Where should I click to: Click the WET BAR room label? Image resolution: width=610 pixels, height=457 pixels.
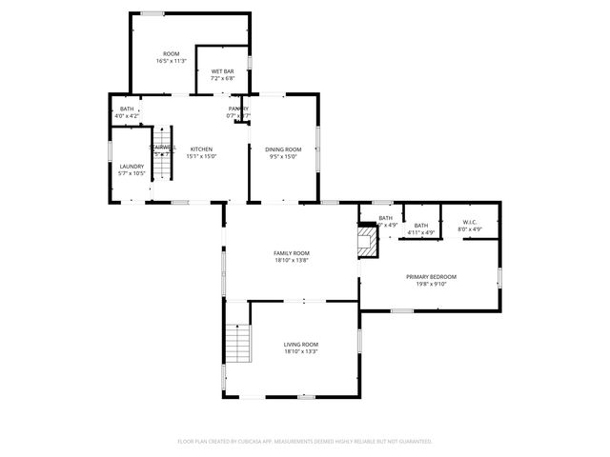tap(223, 71)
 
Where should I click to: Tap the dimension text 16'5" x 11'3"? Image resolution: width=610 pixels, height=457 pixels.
tap(171, 61)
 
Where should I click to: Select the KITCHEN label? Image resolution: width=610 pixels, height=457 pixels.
tap(201, 149)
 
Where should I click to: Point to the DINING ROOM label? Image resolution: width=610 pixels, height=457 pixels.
tap(283, 149)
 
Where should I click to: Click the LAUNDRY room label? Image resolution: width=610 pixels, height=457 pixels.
tap(132, 167)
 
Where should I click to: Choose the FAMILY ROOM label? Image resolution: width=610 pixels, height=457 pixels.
tap(292, 252)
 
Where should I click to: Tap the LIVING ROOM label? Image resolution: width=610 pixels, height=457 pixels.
tap(300, 344)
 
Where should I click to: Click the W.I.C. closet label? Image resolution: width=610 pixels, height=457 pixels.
tap(470, 222)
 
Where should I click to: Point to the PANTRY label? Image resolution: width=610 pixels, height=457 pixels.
tap(238, 109)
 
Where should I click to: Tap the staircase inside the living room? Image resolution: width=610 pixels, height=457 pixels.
tap(237, 344)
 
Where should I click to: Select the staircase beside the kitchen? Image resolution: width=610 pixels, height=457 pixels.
tap(165, 157)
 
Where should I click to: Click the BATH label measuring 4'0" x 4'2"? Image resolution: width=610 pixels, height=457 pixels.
tap(127, 109)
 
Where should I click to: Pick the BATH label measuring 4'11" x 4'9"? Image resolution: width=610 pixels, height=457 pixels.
tap(420, 225)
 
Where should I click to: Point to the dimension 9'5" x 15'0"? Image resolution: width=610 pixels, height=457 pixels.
tap(283, 156)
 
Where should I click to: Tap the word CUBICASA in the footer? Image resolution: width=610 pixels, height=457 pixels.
tap(258, 441)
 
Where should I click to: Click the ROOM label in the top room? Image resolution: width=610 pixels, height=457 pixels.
tap(171, 53)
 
